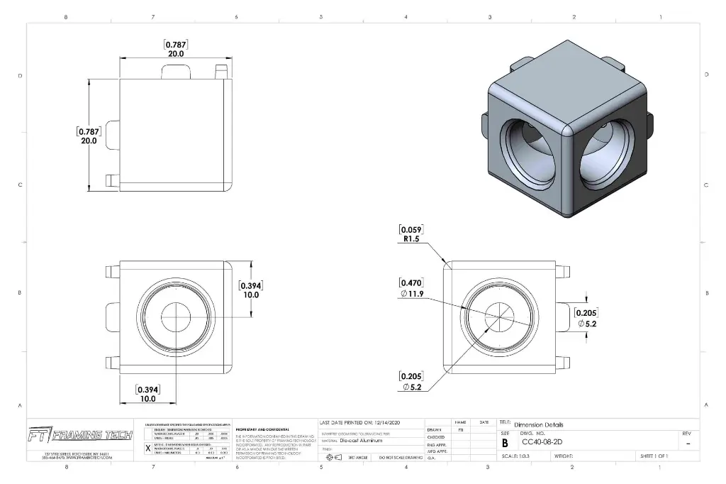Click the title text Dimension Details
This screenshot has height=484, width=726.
point(539,424)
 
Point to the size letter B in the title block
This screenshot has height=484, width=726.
point(505,443)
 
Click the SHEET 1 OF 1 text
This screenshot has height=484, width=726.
point(654,457)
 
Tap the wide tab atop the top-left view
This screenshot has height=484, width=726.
point(177,72)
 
